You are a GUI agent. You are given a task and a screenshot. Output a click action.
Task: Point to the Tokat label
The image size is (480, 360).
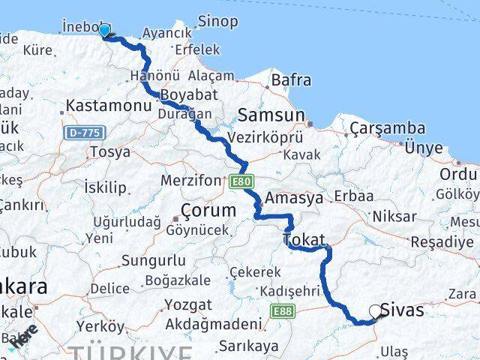(x=304, y=240)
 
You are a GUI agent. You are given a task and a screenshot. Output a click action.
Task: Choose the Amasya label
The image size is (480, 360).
(x=295, y=198)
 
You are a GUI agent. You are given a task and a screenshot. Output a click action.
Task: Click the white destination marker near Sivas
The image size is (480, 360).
(x=376, y=312)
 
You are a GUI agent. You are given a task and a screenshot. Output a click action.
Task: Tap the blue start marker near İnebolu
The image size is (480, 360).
(x=104, y=31)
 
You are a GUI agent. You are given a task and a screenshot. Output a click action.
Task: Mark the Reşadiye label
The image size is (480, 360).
(x=443, y=242)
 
